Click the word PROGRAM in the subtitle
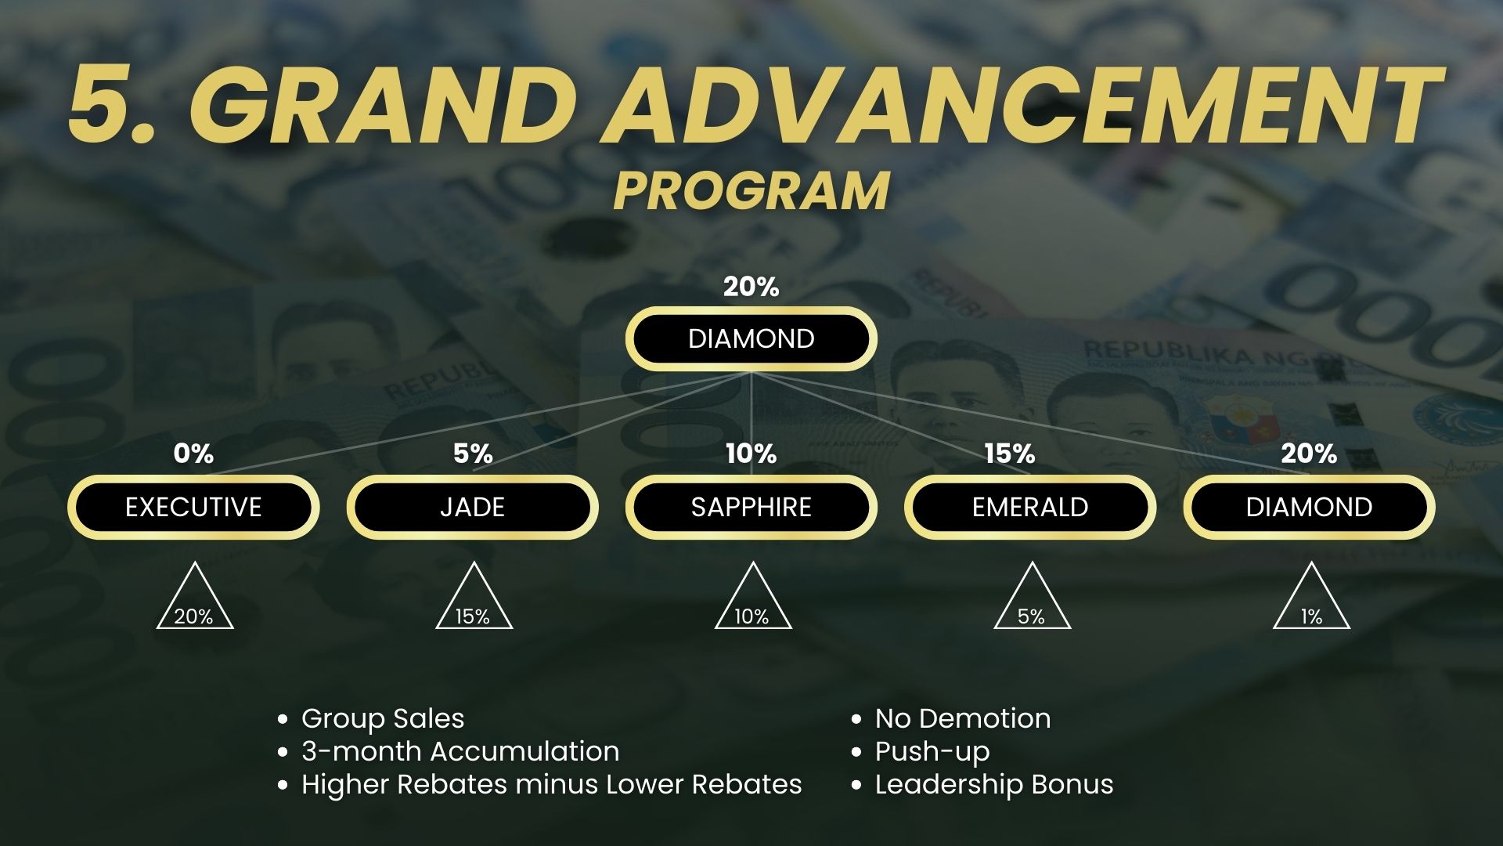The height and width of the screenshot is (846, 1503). (751, 190)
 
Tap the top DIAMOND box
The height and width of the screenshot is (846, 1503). (751, 338)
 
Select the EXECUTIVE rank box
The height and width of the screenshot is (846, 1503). (193, 507)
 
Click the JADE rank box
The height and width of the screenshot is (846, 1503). (472, 507)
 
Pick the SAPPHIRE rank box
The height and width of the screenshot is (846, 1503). (751, 507)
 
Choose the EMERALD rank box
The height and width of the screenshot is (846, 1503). (1030, 507)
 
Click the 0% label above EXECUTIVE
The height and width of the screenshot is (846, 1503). (193, 454)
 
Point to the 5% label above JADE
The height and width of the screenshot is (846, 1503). (473, 454)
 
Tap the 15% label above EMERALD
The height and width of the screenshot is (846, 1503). (1010, 454)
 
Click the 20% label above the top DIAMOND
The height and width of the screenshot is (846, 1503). (751, 287)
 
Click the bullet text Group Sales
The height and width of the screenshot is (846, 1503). (383, 719)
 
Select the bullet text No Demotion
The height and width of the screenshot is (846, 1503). (963, 718)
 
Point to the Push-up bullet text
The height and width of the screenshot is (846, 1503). (932, 752)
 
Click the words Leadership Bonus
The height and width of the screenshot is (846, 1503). (994, 784)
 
